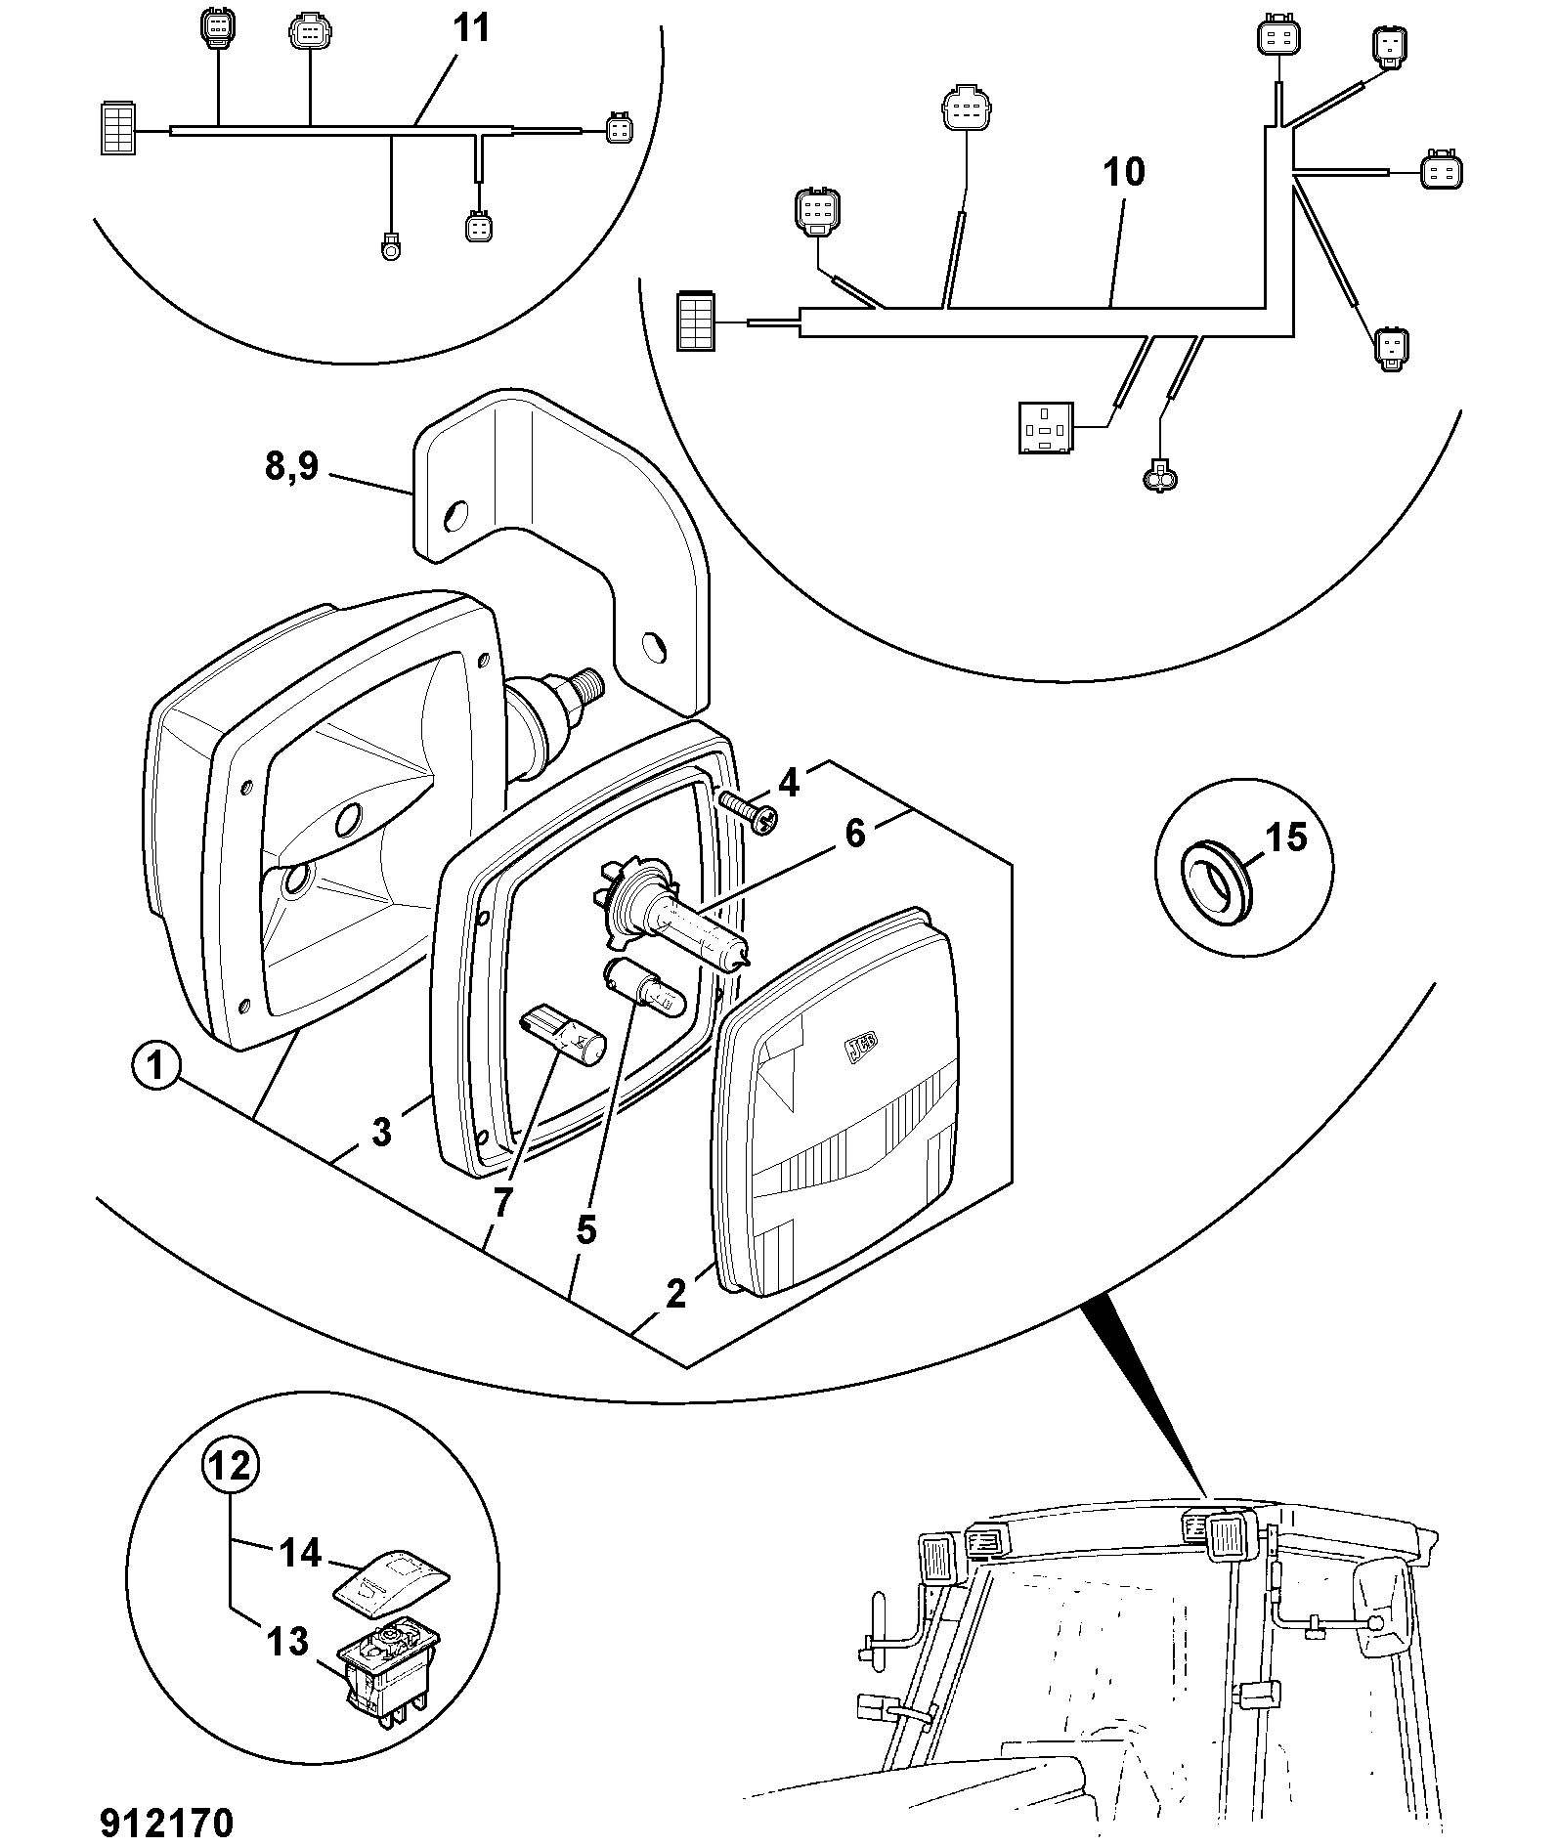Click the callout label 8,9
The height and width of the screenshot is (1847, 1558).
click(291, 466)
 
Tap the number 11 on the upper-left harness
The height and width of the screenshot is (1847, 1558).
click(471, 27)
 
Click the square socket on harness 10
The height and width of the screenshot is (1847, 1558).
click(1046, 427)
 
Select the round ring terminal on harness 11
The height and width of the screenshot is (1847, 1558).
click(391, 248)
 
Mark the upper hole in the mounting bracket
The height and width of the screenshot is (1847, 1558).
click(454, 516)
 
